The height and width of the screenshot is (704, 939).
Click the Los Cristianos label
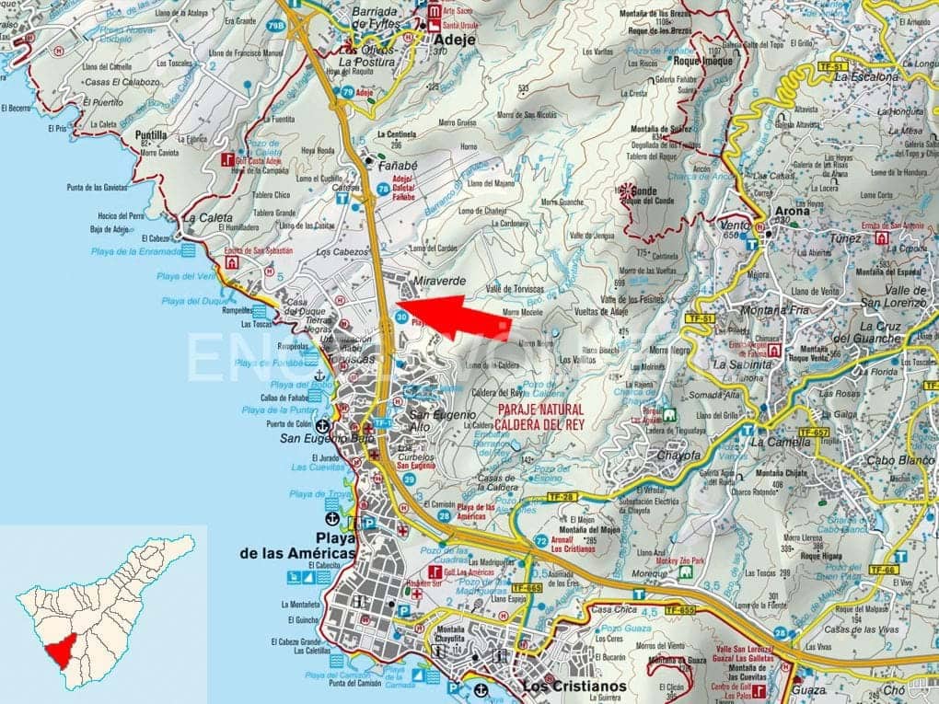click(574, 686)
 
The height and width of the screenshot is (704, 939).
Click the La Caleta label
click(207, 218)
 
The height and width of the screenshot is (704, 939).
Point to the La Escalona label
click(865, 77)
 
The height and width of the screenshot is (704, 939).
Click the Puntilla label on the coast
click(151, 134)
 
